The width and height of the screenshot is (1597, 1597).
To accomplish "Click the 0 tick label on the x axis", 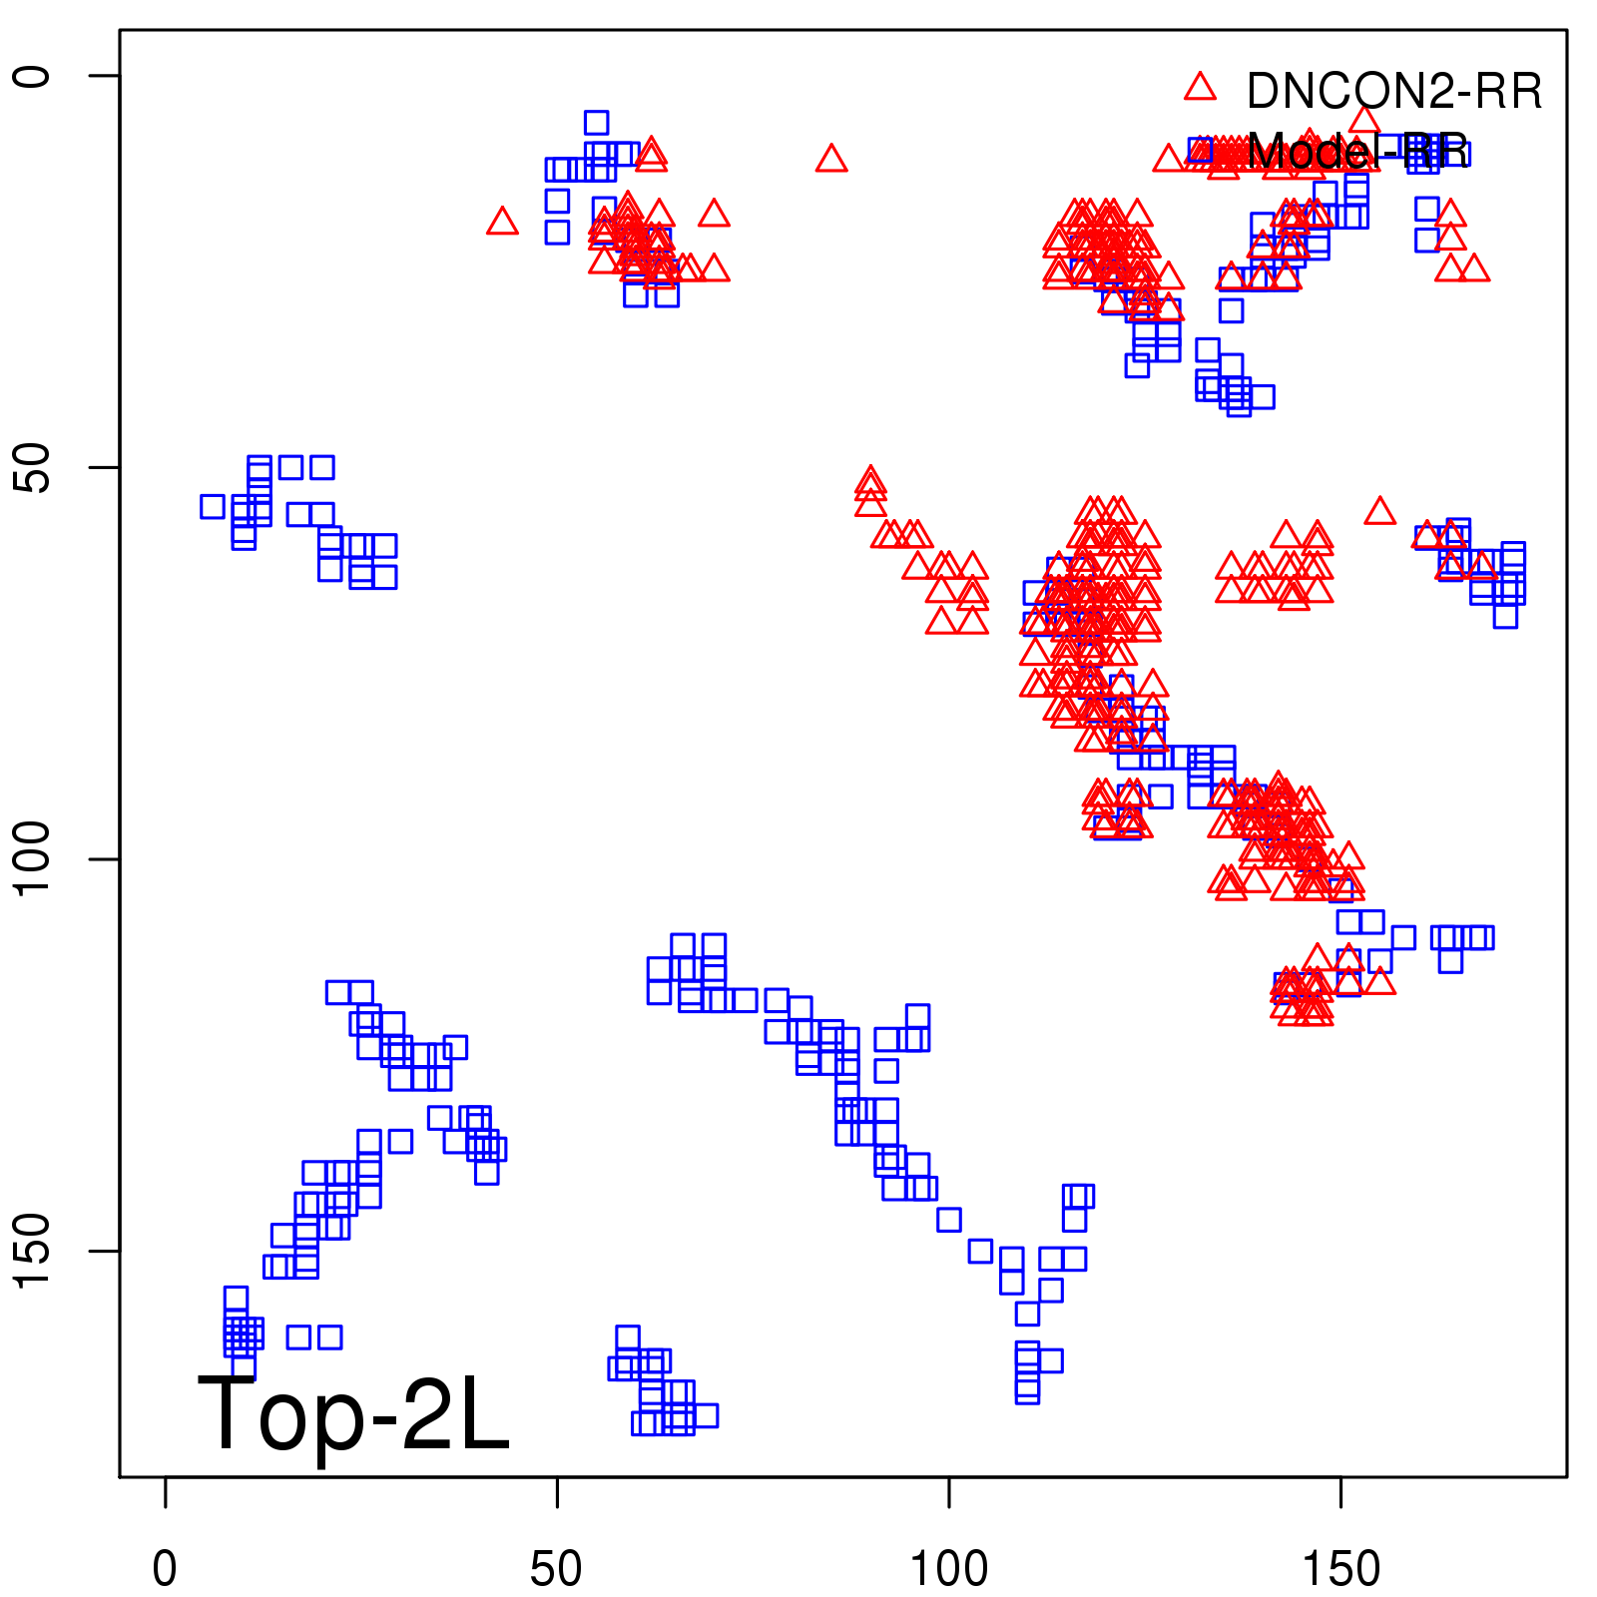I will click(165, 1569).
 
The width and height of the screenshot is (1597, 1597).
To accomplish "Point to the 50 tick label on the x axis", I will click(556, 1569).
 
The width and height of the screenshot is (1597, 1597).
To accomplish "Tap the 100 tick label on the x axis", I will click(948, 1569).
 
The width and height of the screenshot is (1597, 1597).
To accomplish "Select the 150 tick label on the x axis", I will click(1340, 1569).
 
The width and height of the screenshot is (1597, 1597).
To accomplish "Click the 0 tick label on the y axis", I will click(32, 76).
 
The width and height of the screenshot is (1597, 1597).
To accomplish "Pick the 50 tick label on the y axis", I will click(32, 467).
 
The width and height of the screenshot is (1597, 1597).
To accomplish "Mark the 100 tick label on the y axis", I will click(32, 859).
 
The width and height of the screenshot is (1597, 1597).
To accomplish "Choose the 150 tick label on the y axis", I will click(32, 1251).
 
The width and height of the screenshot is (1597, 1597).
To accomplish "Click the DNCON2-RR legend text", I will click(1393, 92).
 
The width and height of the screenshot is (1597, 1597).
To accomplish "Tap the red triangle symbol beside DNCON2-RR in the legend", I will click(1200, 88).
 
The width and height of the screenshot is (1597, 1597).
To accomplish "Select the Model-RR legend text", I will click(1356, 152).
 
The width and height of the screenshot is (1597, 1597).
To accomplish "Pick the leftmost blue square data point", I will click(213, 506).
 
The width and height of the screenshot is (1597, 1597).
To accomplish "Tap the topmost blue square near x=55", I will click(596, 123).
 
